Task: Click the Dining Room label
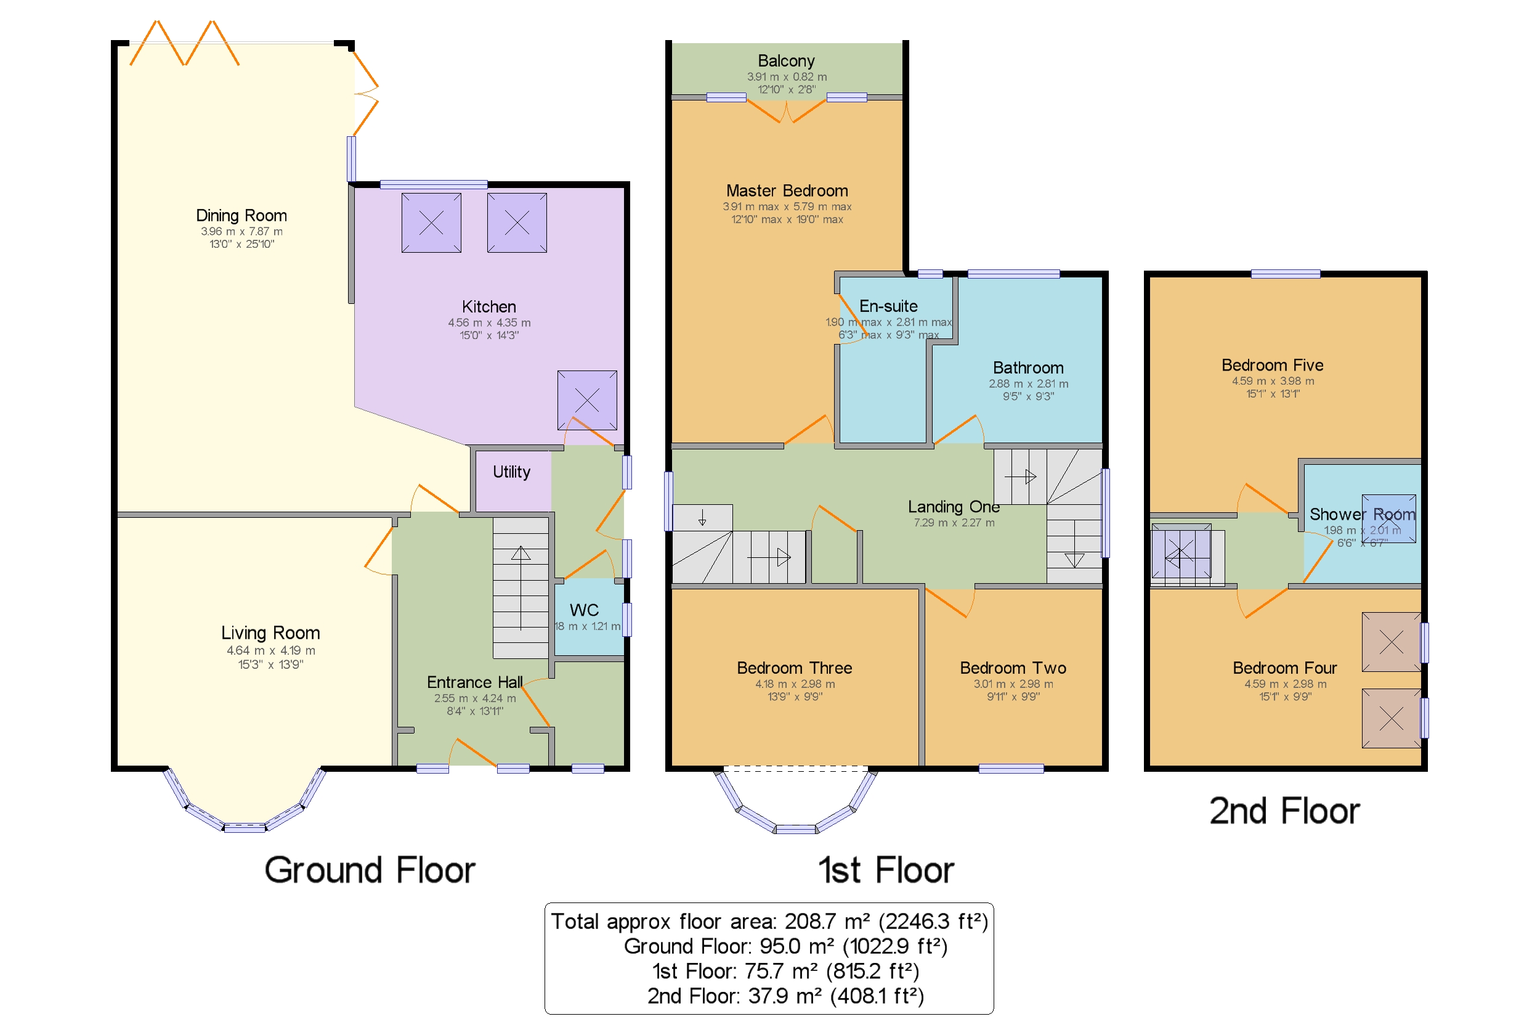241,216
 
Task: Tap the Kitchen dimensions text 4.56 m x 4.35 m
489,322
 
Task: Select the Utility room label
511,472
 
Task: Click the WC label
584,610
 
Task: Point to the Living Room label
270,632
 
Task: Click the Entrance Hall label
474,682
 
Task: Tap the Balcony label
786,61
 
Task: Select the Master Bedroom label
787,190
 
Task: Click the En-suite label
888,306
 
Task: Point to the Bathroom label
1027,367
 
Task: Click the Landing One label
954,506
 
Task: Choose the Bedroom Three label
794,668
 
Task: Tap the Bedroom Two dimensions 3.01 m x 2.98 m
1013,684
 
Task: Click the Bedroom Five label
1271,365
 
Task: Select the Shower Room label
1362,514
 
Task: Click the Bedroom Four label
1284,668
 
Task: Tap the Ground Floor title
369,870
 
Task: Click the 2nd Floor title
1284,811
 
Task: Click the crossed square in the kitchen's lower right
586,399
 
